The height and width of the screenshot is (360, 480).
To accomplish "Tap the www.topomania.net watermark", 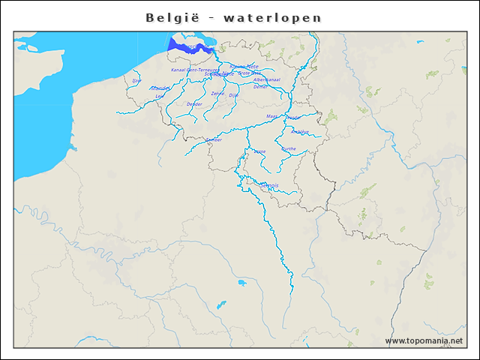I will [424, 341].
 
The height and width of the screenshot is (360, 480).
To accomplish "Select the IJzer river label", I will [136, 80].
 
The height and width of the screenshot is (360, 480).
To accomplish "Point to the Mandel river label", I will [159, 88].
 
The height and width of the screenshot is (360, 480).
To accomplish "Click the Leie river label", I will [159, 97].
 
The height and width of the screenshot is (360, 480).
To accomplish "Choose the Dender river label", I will [194, 104].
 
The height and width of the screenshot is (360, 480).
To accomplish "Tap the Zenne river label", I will [217, 94].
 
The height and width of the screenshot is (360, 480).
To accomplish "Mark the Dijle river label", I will [232, 96].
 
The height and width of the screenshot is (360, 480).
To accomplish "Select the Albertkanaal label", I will [267, 79].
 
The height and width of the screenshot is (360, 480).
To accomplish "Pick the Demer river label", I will [260, 87].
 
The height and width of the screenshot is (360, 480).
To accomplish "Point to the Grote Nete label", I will [250, 73].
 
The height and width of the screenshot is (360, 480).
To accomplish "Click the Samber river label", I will [214, 139].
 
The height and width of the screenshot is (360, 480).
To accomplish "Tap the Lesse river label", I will [259, 151].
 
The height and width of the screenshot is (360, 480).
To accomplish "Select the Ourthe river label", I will [288, 149].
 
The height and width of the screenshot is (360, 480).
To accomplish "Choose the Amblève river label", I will [301, 132].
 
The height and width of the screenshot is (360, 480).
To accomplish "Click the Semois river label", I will [268, 185].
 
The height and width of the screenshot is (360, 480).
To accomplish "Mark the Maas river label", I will [272, 116].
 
